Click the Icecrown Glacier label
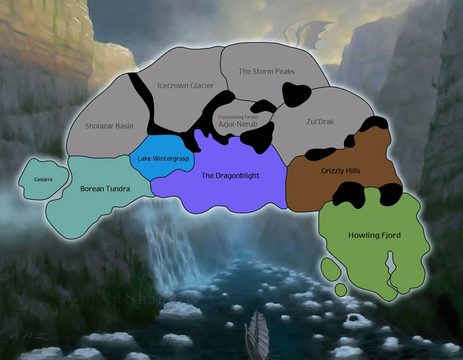coord(185,86)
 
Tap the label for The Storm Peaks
coord(266,71)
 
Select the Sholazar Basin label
coord(109,125)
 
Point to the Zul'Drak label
coord(320,121)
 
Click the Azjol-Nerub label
coord(238,124)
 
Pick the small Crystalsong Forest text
coord(238,117)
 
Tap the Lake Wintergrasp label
coord(163,159)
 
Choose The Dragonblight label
coord(230,176)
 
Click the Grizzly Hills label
coord(341,171)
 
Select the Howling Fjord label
coord(374,235)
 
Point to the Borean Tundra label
coord(105,189)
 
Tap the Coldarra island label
coord(43,179)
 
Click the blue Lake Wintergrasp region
coord(162,147)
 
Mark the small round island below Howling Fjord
coord(341,289)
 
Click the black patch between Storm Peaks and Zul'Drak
coord(297,94)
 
